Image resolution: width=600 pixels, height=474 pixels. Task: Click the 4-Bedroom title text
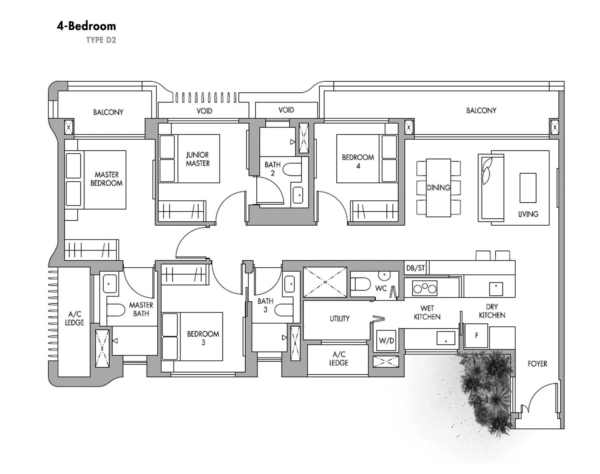point(86,26)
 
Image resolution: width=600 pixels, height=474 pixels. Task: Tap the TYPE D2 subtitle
point(101,40)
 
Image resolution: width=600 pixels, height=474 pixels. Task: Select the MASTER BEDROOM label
point(106,179)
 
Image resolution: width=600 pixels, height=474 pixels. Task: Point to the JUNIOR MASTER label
point(197,159)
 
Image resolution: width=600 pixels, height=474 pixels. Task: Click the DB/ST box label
point(416,268)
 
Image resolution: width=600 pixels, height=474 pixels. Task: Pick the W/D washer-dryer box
point(386,341)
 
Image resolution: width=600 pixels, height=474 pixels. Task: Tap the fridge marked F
point(476,336)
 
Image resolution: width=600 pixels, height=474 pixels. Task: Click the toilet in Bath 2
point(292,169)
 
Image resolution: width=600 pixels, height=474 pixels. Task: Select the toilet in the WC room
point(360,284)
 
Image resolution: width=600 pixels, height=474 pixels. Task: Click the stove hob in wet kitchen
point(425,288)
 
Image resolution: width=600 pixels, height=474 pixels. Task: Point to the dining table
point(438,188)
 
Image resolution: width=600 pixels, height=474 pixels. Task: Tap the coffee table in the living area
point(528,188)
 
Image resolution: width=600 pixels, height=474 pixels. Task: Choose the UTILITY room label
point(340,318)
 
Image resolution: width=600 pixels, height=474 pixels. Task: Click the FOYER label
point(537,364)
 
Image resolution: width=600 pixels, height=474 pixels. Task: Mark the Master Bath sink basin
point(110,284)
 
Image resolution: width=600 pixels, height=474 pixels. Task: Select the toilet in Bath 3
point(284,310)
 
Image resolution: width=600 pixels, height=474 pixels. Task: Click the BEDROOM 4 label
point(358,162)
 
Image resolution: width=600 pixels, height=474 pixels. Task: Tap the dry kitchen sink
point(496,289)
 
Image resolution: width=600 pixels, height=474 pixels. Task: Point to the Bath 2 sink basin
point(298,195)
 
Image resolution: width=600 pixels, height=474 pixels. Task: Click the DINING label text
point(438,188)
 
